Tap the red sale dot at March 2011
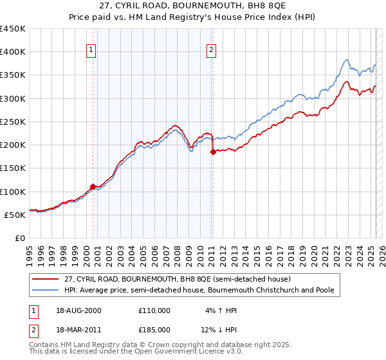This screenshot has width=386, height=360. (212, 152)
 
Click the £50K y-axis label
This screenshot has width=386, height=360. (15, 215)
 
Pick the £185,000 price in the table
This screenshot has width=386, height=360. (154, 329)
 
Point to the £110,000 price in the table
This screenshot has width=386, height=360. (154, 310)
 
